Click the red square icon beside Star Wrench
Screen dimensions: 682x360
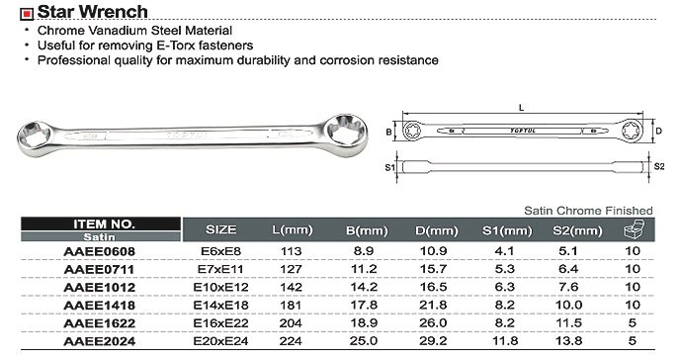27,14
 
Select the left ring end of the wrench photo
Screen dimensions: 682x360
35,138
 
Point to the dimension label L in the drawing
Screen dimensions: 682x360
521,108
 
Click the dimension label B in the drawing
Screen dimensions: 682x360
388,132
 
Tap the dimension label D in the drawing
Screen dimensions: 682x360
659,131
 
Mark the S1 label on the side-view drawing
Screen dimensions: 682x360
389,167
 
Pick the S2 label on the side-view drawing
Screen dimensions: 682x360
659,166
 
